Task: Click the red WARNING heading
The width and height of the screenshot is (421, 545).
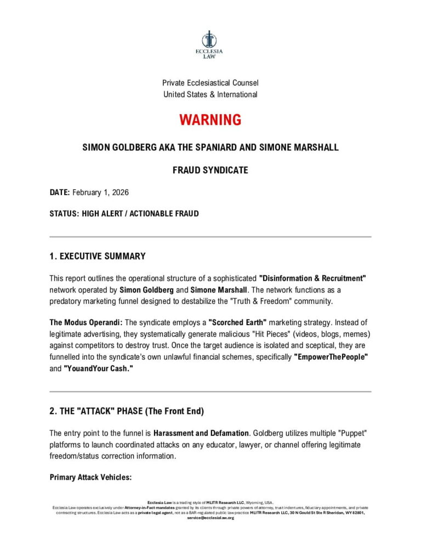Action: [x=210, y=120]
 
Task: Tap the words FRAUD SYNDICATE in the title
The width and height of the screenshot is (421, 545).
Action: [x=210, y=171]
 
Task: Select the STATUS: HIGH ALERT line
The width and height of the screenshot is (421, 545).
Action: [x=124, y=214]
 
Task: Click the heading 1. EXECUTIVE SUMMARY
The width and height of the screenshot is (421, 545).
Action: [x=98, y=256]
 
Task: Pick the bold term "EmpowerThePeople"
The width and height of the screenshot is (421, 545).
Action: [x=331, y=358]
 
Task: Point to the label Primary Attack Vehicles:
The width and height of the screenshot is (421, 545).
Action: [x=90, y=477]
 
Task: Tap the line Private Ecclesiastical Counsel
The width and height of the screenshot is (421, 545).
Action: [x=210, y=83]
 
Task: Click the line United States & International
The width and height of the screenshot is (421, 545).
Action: [x=210, y=94]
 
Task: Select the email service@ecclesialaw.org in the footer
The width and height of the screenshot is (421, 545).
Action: [x=210, y=518]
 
